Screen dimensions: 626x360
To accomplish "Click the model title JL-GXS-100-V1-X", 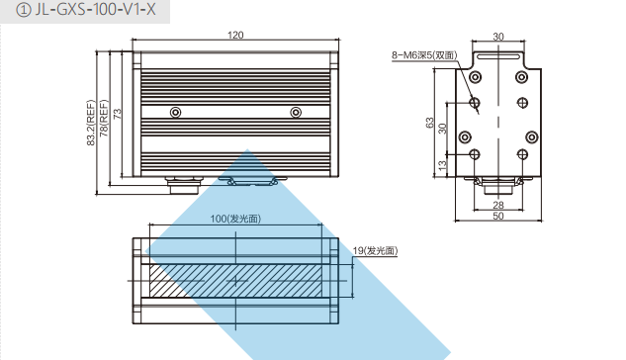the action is pyautogui.click(x=95, y=9).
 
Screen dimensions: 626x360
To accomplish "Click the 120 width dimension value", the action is pyautogui.click(x=235, y=36).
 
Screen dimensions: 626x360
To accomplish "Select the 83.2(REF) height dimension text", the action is pyautogui.click(x=91, y=123).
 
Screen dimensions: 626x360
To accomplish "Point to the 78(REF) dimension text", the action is pyautogui.click(x=104, y=118).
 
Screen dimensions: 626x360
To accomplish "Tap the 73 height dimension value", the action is pyautogui.click(x=118, y=114).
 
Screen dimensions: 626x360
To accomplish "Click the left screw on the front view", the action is pyautogui.click(x=175, y=112).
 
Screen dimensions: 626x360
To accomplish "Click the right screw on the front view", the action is pyautogui.click(x=296, y=112).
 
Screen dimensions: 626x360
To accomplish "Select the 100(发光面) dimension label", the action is pyautogui.click(x=235, y=219).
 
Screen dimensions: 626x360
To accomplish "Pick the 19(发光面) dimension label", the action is pyautogui.click(x=375, y=250).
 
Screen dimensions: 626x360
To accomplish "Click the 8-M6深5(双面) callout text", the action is pyautogui.click(x=424, y=55).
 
